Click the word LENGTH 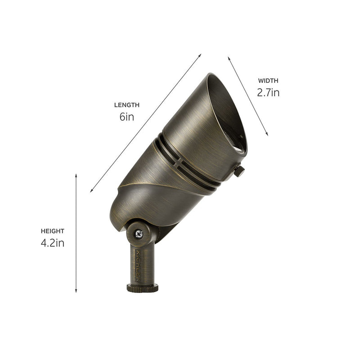126,105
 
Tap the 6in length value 126,117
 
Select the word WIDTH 268,81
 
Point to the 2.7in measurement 268,93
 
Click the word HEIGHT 53,231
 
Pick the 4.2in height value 53,243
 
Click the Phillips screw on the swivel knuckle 139,234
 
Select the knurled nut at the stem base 142,288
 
